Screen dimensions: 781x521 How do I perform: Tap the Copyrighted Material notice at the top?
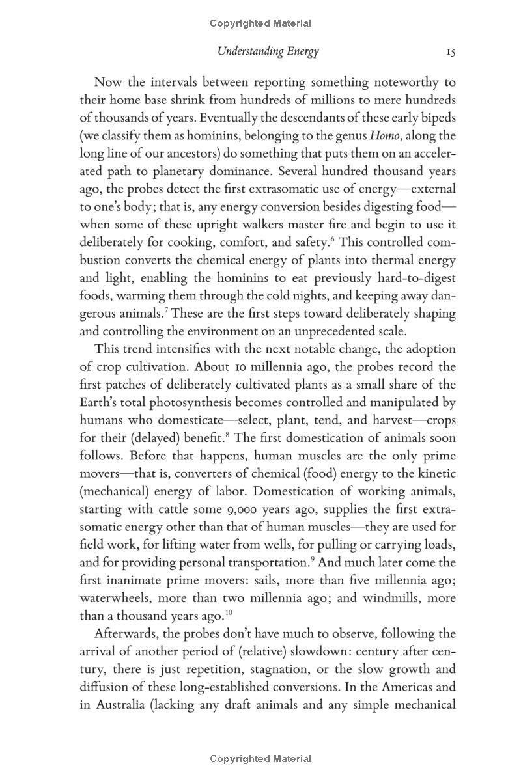tap(260, 23)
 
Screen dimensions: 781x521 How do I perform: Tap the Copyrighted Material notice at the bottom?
tap(260, 759)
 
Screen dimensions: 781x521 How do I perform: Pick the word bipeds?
tap(436, 118)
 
